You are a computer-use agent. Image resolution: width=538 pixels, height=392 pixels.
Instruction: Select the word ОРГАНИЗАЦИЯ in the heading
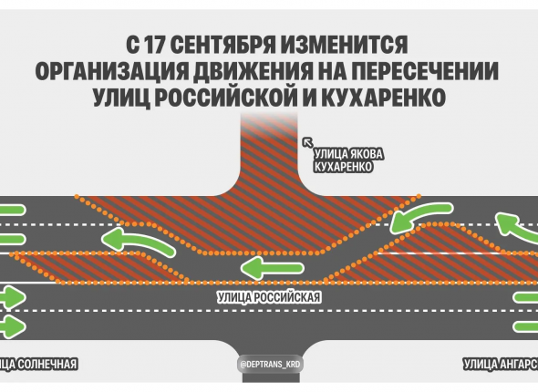[x=112, y=71]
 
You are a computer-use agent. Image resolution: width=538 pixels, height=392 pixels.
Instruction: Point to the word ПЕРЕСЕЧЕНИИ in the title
[x=425, y=71]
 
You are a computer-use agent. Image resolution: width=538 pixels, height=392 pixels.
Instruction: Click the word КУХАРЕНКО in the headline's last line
[x=383, y=98]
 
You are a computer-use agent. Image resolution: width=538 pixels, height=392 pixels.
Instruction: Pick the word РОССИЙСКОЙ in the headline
[x=226, y=98]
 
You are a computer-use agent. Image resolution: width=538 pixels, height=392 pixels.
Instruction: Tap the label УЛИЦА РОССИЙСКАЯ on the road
[x=269, y=297]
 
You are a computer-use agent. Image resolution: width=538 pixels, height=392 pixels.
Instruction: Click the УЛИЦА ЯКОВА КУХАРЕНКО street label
[x=348, y=160]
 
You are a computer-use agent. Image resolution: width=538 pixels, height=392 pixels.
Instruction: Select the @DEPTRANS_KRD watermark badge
[x=271, y=365]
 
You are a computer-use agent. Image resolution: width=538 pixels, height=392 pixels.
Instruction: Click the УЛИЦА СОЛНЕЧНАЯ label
[x=38, y=364]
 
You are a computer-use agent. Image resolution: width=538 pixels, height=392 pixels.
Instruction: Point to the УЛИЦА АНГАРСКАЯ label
[x=501, y=364]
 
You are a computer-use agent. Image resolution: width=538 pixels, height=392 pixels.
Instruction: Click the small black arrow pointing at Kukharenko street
[x=307, y=142]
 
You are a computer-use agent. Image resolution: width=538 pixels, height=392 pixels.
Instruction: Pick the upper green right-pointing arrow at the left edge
[x=13, y=297]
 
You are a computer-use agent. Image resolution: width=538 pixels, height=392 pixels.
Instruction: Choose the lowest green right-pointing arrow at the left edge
[x=13, y=326]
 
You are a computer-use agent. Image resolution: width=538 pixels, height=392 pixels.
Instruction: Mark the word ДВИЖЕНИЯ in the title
[x=253, y=71]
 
